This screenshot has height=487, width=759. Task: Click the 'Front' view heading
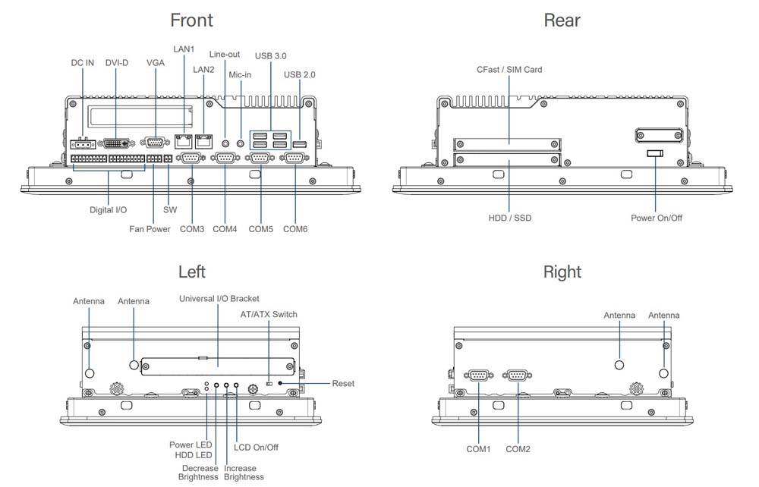(x=191, y=20)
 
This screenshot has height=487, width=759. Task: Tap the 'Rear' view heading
(x=562, y=20)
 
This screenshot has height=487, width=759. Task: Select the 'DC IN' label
(x=83, y=63)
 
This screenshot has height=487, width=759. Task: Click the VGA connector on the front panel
(x=155, y=142)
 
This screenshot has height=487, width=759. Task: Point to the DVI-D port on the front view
(x=115, y=143)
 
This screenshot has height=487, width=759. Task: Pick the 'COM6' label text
(x=295, y=229)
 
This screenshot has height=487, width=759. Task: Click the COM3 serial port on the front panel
(x=190, y=158)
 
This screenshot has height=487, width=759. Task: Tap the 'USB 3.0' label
(x=271, y=56)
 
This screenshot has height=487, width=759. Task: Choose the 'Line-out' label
(x=225, y=55)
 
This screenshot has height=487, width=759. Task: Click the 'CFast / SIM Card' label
(x=509, y=70)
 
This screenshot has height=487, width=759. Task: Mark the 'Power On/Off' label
(x=657, y=218)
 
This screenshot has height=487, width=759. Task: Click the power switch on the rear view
(x=655, y=154)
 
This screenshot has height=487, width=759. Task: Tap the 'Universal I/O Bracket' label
(x=219, y=299)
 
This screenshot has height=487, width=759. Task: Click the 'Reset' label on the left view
(x=343, y=384)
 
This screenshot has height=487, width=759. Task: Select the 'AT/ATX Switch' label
(x=269, y=315)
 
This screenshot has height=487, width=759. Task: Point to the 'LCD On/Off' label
(x=256, y=448)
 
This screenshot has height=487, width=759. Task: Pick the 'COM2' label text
(x=518, y=449)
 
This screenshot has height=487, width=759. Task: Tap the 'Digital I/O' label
(x=108, y=209)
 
